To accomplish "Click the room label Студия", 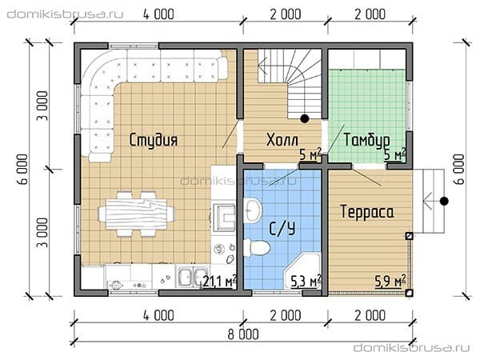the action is coord(153,140).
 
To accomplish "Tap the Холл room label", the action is coord(282,140).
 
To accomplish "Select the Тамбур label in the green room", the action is coord(366,140).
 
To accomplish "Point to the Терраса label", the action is coord(367,212).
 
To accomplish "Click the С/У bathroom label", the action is coord(282,228).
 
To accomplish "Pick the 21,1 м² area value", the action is coord(219,281).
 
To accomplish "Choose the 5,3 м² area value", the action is coord(306,281).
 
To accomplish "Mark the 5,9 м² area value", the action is coord(390,281).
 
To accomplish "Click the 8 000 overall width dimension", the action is coord(243,334).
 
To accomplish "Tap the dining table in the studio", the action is coord(136,214).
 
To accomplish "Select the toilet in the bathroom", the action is coord(257,247).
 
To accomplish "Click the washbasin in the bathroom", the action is coord(252,210).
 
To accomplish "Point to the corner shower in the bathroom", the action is coord(303,271).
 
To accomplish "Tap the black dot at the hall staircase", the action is coord(305,118).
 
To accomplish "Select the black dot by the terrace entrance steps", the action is coord(444,201).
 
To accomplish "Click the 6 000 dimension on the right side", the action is coord(459,169).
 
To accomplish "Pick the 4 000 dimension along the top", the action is coord(158,14).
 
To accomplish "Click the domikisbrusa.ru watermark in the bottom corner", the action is coord(411,348).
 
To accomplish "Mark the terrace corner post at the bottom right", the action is coord(409,293).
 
